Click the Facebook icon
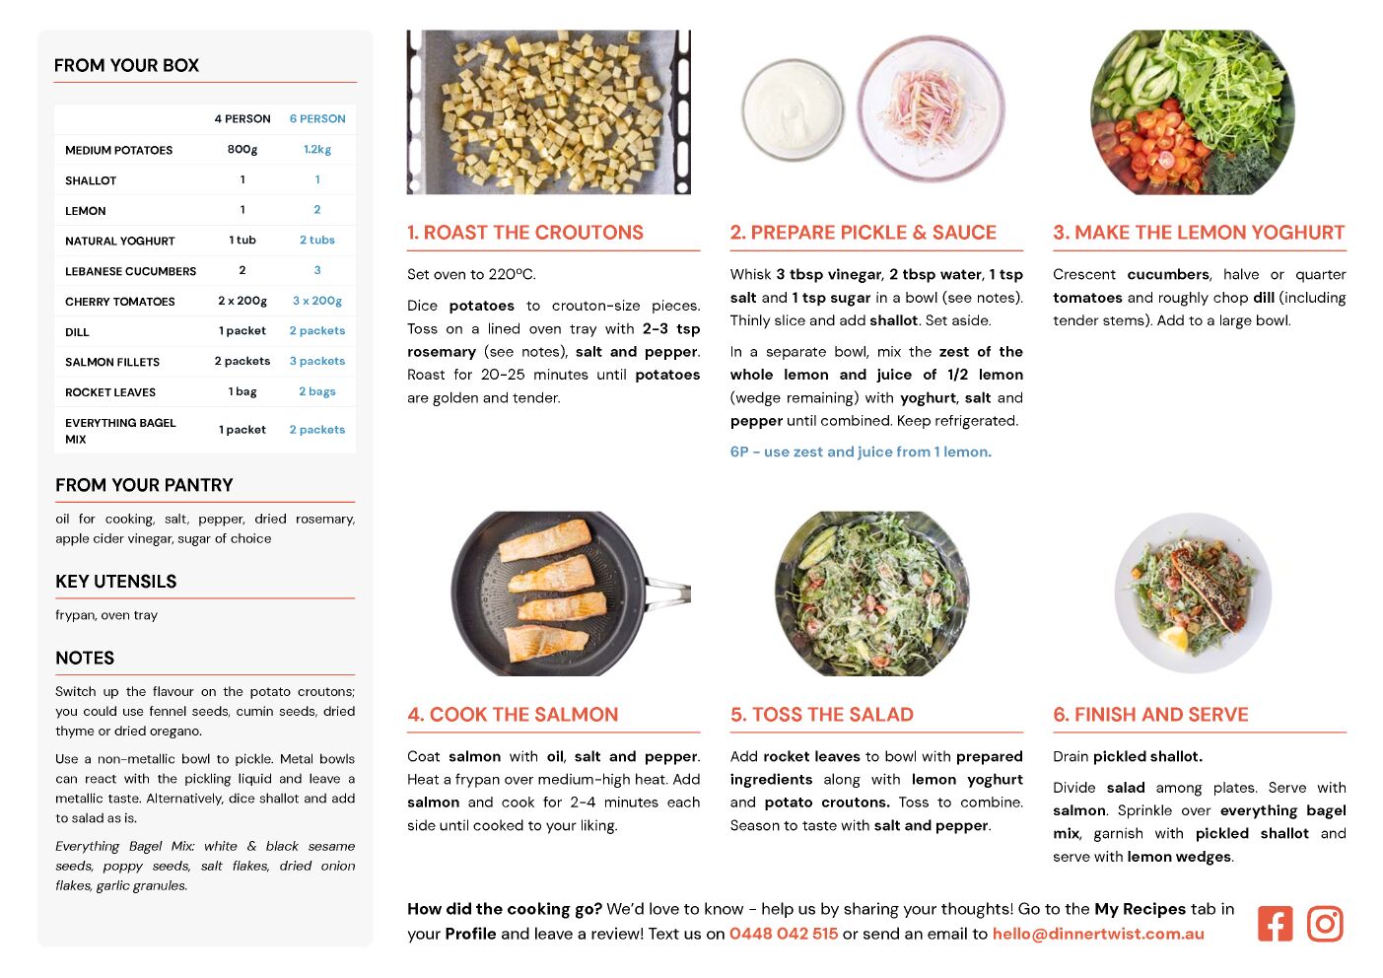pyautogui.click(x=1275, y=924)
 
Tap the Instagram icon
pyautogui.click(x=1325, y=924)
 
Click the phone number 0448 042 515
pyautogui.click(x=784, y=934)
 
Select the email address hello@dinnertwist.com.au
pyautogui.click(x=1098, y=934)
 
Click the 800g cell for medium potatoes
pyautogui.click(x=242, y=149)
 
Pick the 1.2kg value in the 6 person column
pyautogui.click(x=317, y=149)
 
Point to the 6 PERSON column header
pyautogui.click(x=317, y=118)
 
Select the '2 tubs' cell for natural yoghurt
pyautogui.click(x=317, y=240)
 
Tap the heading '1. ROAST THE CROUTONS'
pyautogui.click(x=525, y=233)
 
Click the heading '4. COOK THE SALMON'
pyautogui.click(x=513, y=715)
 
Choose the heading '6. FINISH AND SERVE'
pyautogui.click(x=1150, y=715)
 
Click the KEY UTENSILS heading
pyautogui.click(x=116, y=582)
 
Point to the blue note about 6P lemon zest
pyautogui.click(x=861, y=452)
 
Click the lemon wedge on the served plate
pyautogui.click(x=1174, y=638)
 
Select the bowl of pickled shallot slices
pyautogui.click(x=931, y=108)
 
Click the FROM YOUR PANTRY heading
pyautogui.click(x=144, y=485)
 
